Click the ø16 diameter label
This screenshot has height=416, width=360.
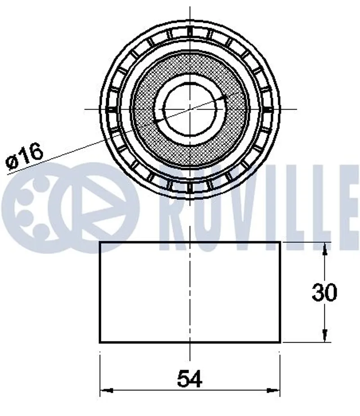(24, 157)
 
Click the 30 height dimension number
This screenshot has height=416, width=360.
(324, 292)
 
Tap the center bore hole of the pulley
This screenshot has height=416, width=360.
(190, 109)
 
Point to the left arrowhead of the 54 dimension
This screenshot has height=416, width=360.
(106, 390)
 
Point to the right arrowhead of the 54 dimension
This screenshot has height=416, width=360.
(274, 390)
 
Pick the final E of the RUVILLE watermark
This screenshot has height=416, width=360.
(348, 207)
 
